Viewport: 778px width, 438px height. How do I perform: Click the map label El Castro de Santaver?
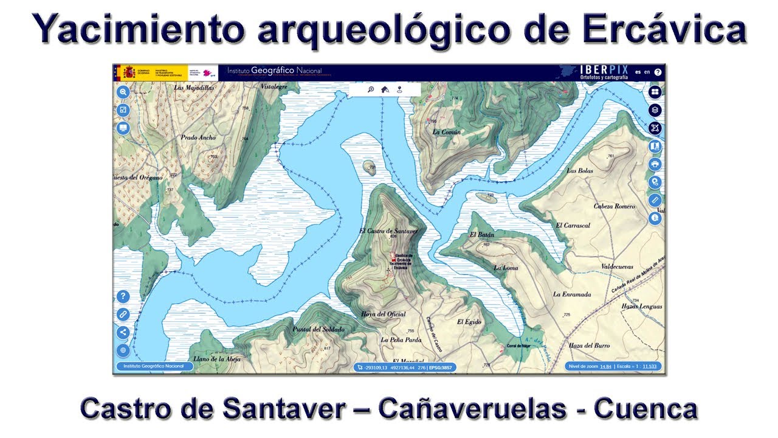pyautogui.click(x=388, y=231)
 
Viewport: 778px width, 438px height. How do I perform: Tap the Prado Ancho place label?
pyautogui.click(x=198, y=137)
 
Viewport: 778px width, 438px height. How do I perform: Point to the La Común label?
pyautogui.click(x=447, y=132)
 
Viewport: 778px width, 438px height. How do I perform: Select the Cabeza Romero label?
pyautogui.click(x=614, y=206)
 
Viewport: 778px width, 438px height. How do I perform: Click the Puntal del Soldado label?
pyautogui.click(x=318, y=329)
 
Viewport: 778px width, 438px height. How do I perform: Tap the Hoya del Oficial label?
pyautogui.click(x=383, y=315)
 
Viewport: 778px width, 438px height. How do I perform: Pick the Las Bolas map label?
pyautogui.click(x=579, y=171)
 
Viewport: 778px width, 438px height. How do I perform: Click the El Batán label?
pyautogui.click(x=482, y=235)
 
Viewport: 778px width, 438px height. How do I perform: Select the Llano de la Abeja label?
pyautogui.click(x=217, y=359)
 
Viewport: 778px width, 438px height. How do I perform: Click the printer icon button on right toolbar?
pyautogui.click(x=655, y=164)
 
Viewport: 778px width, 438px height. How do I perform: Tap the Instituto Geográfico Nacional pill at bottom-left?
pyautogui.click(x=153, y=366)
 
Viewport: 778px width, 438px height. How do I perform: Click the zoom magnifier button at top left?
pyautogui.click(x=123, y=92)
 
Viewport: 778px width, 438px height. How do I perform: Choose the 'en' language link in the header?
pyautogui.click(x=647, y=72)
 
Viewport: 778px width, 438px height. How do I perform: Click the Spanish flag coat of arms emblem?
pyautogui.click(x=129, y=72)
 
